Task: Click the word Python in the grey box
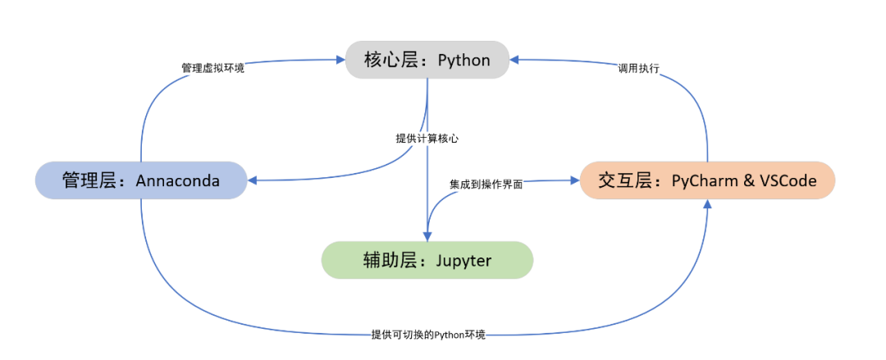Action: point(464,60)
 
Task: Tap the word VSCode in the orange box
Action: point(788,180)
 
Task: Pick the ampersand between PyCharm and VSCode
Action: point(749,180)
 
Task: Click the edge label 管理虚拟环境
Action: point(213,67)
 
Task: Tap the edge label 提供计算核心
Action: point(427,139)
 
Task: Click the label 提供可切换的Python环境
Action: point(428,335)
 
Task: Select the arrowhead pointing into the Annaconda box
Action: point(253,180)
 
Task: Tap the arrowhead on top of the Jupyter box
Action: point(427,236)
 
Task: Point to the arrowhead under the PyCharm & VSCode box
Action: point(707,204)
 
